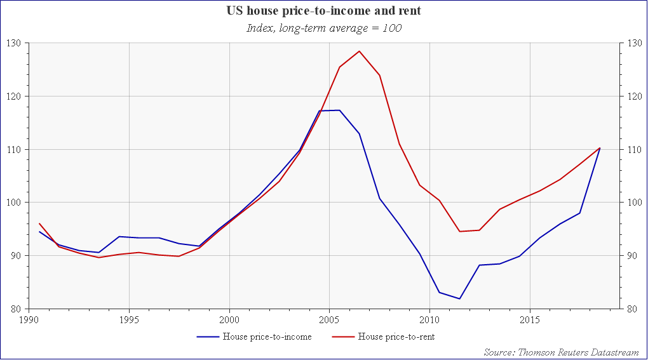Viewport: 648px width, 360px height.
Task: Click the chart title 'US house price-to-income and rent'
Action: (x=324, y=11)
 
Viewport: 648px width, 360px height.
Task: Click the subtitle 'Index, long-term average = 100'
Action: (x=324, y=28)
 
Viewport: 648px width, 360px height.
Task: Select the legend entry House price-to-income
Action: (x=267, y=337)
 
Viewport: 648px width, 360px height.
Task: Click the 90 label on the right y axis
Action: (x=631, y=256)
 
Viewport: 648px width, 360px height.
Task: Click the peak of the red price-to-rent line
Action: (x=360, y=51)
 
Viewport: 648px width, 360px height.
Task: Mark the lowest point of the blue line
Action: (x=459, y=298)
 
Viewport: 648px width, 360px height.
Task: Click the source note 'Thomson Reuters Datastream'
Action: (x=562, y=351)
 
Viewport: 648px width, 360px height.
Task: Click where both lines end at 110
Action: (x=600, y=148)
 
